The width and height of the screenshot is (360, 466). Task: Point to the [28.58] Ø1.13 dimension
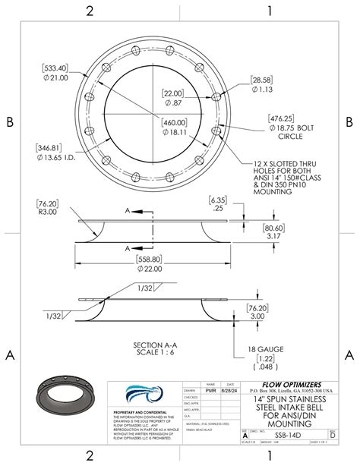point(262,83)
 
